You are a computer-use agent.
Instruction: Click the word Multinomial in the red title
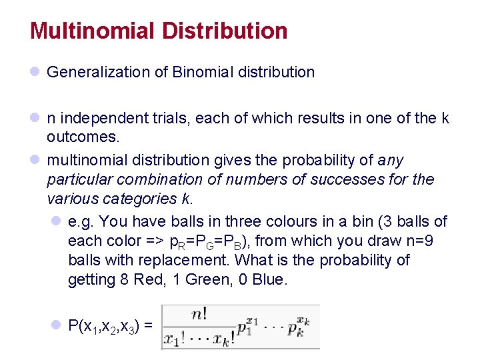pyautogui.click(x=92, y=31)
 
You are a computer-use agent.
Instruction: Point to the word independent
pyautogui.click(x=99, y=119)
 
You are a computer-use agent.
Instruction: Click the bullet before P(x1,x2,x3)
pyautogui.click(x=57, y=325)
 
